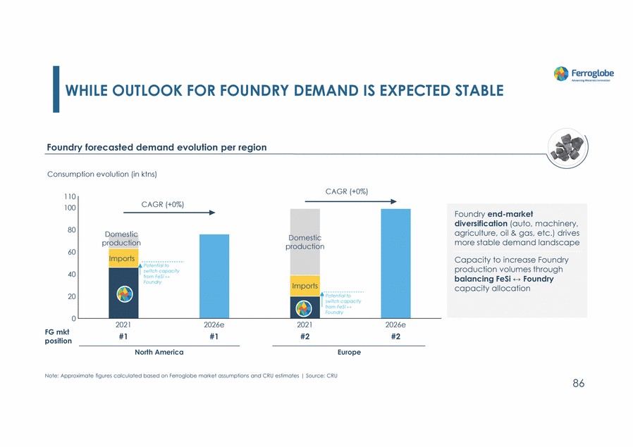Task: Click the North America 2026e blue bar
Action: pos(214,276)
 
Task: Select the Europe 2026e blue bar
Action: pos(395,263)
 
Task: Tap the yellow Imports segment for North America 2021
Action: pos(123,258)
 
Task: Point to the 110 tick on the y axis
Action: pos(70,197)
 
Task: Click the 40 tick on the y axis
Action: pos(71,275)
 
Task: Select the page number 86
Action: pos(578,384)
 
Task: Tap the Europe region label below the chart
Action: pos(349,352)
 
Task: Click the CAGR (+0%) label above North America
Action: pos(163,205)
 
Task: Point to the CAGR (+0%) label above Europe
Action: pos(346,191)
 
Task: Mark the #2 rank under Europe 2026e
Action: pos(395,336)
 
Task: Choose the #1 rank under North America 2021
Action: pos(123,336)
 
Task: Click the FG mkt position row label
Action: pos(58,336)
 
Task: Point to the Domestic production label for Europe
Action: pos(305,242)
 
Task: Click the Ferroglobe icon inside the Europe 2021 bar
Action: pos(305,308)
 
